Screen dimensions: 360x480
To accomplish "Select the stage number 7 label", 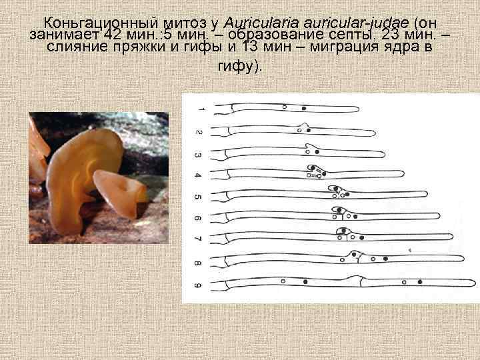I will click(x=197, y=238).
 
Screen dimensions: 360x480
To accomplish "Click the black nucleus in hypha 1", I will click(x=305, y=107).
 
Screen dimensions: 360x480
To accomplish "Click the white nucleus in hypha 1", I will click(x=285, y=107).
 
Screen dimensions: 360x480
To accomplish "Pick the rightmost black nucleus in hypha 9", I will click(x=420, y=283).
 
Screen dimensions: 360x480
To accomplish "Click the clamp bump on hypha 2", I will click(x=304, y=125).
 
